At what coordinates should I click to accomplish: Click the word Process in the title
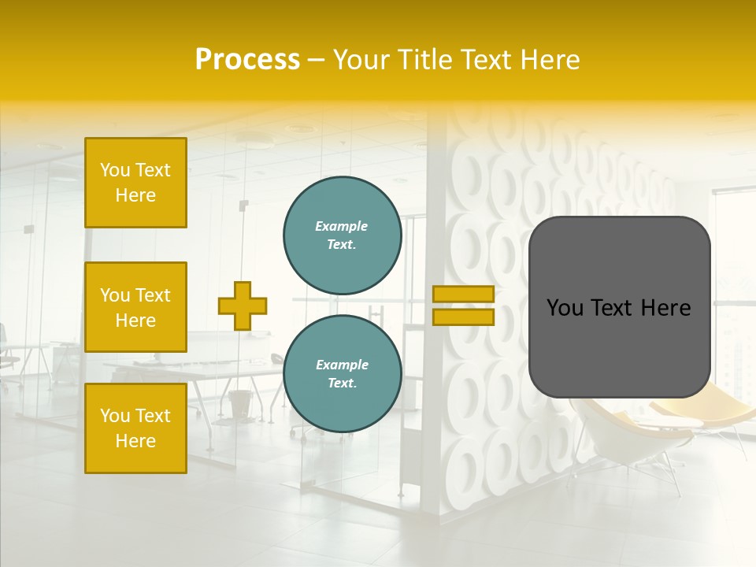click(247, 60)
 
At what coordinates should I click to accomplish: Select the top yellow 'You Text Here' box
click(135, 183)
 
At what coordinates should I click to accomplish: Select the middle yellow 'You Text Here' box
click(135, 307)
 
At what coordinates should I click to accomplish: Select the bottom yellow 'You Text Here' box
click(135, 428)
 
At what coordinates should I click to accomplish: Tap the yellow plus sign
click(242, 306)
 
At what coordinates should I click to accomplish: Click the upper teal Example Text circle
click(342, 235)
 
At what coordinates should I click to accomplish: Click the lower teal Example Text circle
click(342, 373)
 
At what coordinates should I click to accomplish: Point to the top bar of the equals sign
click(463, 295)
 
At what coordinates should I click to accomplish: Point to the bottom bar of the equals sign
click(463, 317)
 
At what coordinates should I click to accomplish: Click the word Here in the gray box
click(666, 308)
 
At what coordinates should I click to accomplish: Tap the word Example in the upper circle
click(341, 226)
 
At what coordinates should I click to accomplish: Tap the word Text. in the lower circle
click(342, 383)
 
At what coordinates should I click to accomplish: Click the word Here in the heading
click(549, 60)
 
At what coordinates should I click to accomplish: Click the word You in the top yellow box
click(115, 170)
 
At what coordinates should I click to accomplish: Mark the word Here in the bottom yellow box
click(135, 441)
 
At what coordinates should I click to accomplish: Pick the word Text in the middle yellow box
click(153, 295)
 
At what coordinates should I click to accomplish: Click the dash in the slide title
click(316, 61)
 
